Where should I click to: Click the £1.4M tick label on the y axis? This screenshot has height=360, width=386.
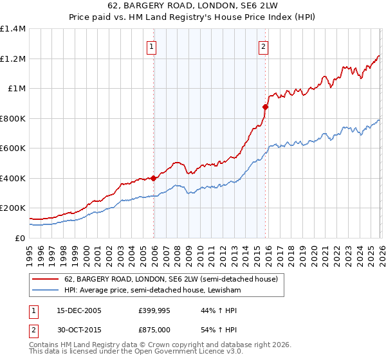(x=12, y=29)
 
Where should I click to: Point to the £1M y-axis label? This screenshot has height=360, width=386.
(x=16, y=89)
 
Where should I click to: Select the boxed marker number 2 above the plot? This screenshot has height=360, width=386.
(x=264, y=46)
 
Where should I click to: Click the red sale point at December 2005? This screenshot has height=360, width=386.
(x=154, y=179)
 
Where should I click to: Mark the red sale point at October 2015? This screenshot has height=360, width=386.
(x=265, y=107)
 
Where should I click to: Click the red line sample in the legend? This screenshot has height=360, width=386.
(x=46, y=279)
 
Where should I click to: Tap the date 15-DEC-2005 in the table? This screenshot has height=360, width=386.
(x=78, y=310)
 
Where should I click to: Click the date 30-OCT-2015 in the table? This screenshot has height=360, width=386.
(x=78, y=330)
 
